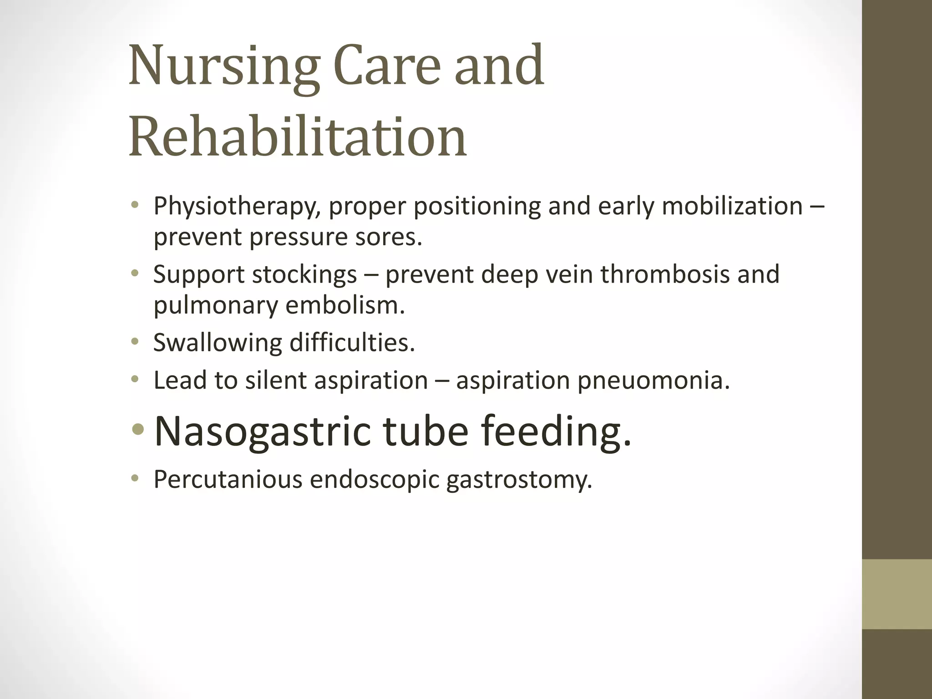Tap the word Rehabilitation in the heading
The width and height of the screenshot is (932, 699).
click(298, 137)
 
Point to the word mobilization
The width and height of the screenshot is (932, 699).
click(732, 206)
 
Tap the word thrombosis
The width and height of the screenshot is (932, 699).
click(665, 274)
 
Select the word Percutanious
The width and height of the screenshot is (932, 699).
click(228, 480)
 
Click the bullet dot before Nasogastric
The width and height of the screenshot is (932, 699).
click(137, 431)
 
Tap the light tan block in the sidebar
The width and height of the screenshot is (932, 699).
click(897, 594)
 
